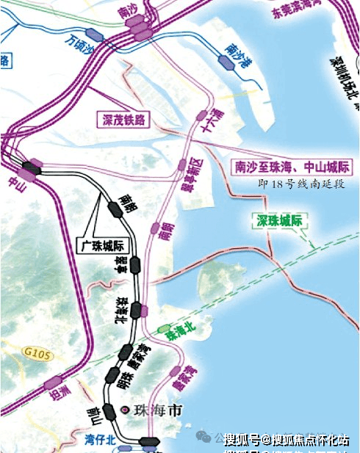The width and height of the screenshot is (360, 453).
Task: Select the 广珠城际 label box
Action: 103,244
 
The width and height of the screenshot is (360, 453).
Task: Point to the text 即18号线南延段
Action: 301,184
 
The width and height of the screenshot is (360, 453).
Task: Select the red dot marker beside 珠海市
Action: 126,409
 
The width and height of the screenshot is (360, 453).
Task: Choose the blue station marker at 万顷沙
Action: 93,33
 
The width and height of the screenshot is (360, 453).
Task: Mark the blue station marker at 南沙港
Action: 228,65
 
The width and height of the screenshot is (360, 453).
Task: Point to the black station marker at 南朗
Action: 114,209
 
